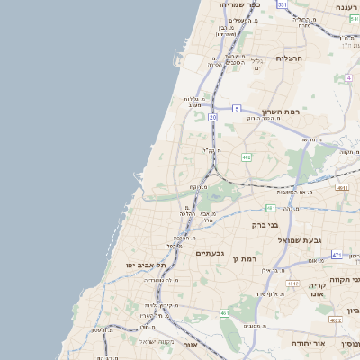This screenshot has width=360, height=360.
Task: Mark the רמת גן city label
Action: click(247, 259)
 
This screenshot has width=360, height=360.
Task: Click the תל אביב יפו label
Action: click(148, 265)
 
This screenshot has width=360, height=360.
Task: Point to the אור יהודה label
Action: click(308, 343)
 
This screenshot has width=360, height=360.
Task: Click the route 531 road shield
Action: click(282, 4)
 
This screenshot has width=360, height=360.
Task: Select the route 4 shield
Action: click(348, 77)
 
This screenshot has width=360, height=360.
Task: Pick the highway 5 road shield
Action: click(237, 107)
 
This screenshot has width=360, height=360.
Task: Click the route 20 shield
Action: click(213, 117)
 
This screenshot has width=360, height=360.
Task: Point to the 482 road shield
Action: click(246, 157)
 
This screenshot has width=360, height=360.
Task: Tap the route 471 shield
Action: click(336, 255)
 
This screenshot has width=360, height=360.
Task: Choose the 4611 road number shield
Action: click(342, 188)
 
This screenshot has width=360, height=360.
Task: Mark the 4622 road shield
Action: click(335, 319)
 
